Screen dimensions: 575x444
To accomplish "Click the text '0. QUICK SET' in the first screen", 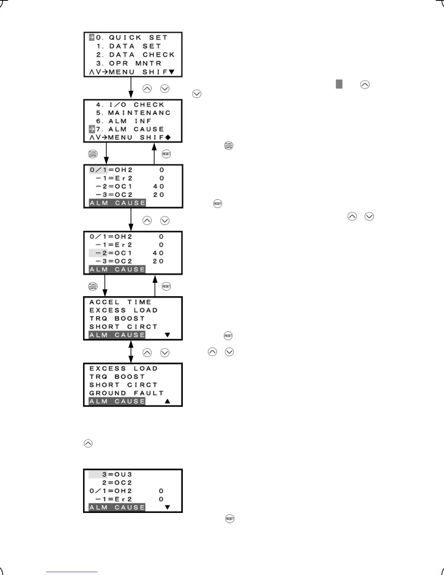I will point(132,37).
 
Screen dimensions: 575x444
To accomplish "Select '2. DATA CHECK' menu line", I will point(135,55).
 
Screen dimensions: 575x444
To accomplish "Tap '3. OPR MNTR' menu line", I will point(129,64).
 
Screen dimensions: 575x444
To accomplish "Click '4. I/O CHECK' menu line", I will point(130,105).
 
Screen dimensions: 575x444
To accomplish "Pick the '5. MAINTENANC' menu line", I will point(133,113).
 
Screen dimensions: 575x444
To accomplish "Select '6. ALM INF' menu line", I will point(124,121).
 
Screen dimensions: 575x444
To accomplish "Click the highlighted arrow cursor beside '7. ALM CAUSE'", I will point(92,129).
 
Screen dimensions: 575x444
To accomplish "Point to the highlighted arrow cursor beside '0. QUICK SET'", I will point(92,37).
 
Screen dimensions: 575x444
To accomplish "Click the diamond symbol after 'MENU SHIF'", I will point(168,138).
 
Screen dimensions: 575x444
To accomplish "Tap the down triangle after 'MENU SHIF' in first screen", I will point(172,72).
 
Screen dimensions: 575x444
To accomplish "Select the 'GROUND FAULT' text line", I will point(127,393).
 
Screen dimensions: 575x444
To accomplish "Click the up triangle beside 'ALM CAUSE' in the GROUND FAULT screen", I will point(167,401).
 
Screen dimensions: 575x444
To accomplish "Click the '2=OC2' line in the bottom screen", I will point(117,483).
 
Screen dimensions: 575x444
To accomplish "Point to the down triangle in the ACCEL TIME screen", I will point(167,335).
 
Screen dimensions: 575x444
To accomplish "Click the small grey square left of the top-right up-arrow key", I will point(339,85).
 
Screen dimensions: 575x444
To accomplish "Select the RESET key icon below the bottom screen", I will point(230,519).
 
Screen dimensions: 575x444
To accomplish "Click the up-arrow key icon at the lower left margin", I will point(88,443).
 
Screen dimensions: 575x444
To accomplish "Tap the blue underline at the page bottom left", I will point(72,572).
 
